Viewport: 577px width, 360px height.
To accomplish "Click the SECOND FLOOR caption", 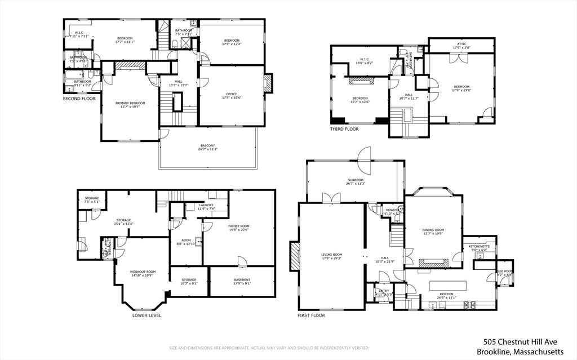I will click(79, 99).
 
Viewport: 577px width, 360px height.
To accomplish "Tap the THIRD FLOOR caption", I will click(344, 129).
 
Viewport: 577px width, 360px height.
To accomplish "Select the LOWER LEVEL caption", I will click(147, 315).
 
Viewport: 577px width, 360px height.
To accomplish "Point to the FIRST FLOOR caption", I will click(311, 315).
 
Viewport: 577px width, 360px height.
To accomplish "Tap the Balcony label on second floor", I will click(208, 145).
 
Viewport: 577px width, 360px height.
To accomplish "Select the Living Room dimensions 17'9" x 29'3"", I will click(331, 259).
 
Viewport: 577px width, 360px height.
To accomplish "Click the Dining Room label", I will click(433, 229).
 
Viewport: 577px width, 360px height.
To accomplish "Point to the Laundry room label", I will click(206, 205).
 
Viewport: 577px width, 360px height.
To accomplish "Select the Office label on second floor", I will click(232, 94).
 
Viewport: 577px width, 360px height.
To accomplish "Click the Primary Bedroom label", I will click(130, 103).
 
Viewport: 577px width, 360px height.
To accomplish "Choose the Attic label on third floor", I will click(461, 44).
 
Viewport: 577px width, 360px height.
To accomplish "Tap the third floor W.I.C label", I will click(364, 59).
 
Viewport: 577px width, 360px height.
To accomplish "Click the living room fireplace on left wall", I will click(295, 257).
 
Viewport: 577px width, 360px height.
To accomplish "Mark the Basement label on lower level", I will click(242, 279).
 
